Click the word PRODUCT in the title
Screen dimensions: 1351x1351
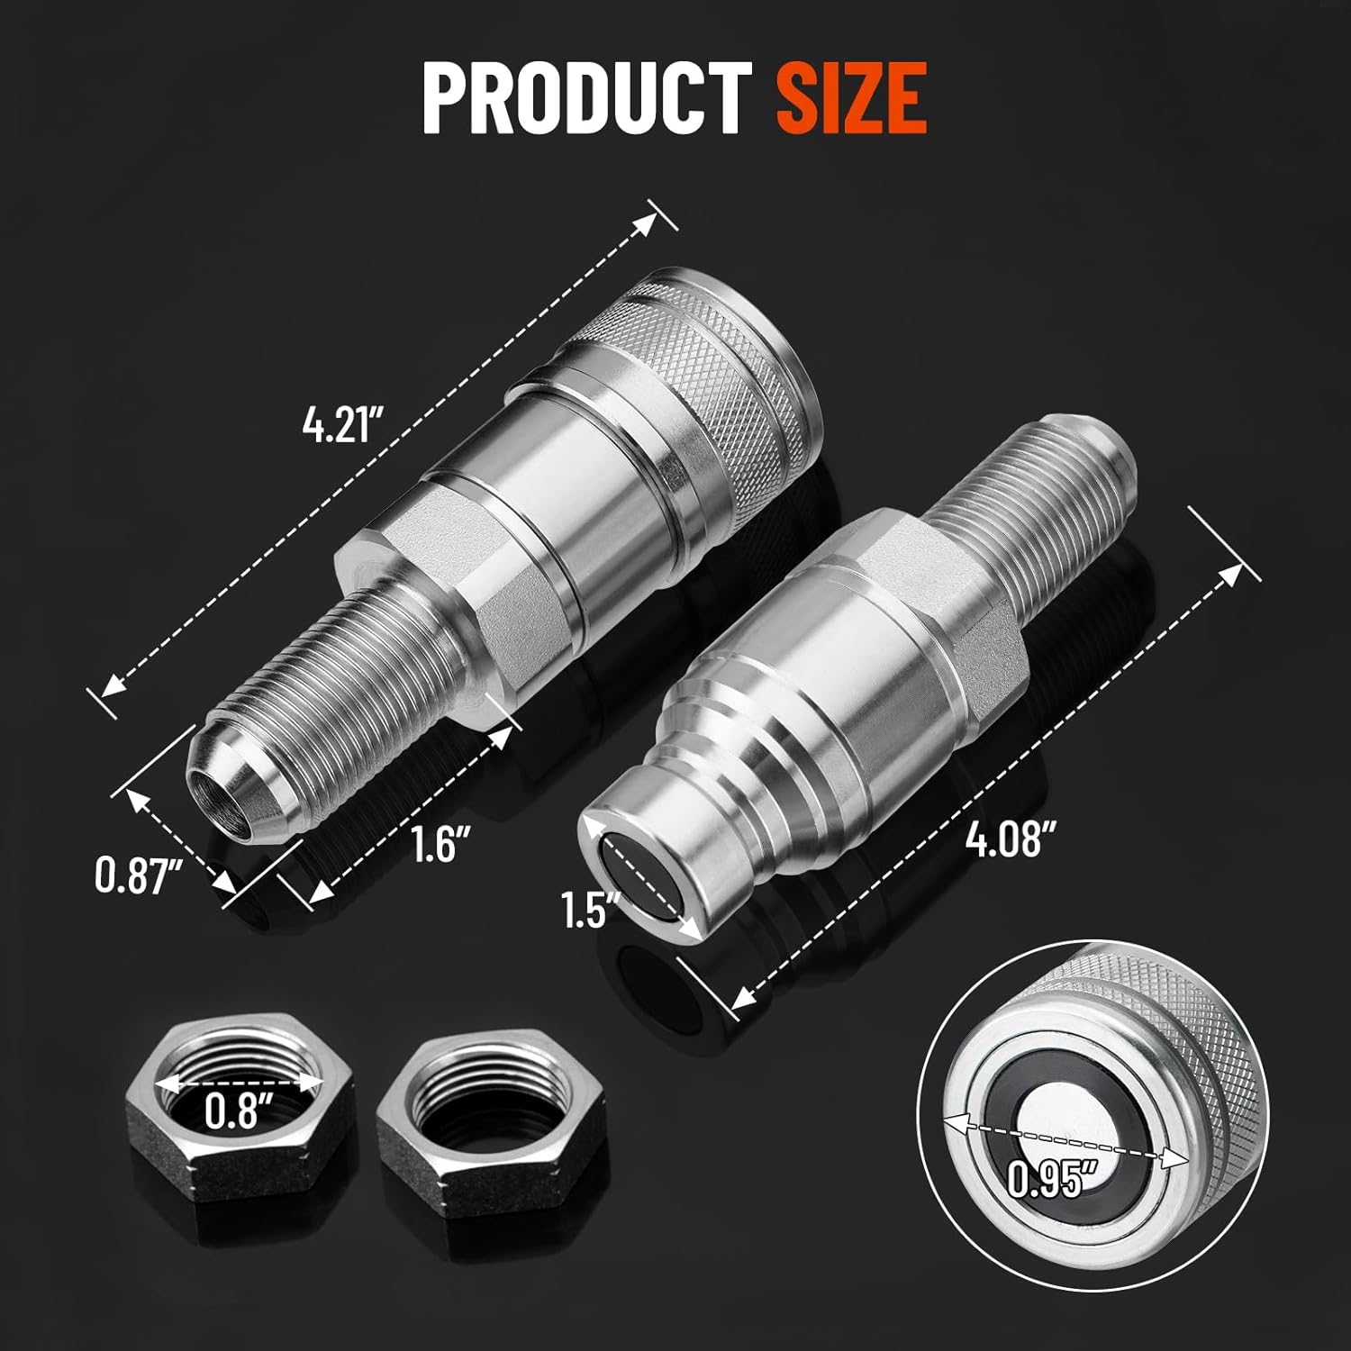[586, 96]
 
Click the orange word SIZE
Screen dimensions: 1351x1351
[851, 96]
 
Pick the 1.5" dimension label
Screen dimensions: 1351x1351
[585, 910]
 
